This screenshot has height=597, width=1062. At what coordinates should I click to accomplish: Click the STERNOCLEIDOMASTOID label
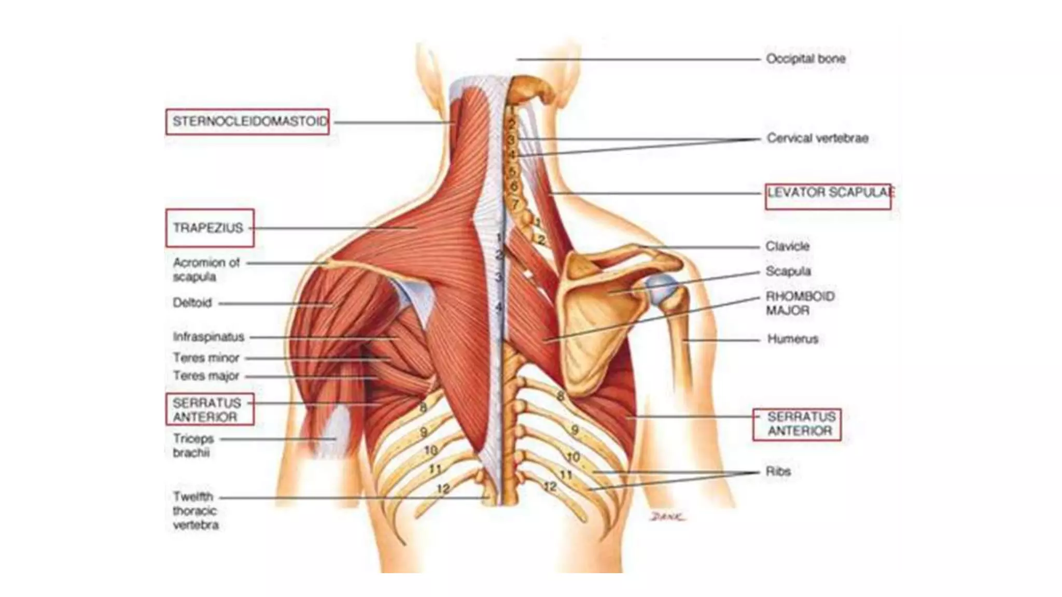click(247, 122)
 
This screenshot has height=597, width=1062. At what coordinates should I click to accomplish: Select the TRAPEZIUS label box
click(209, 228)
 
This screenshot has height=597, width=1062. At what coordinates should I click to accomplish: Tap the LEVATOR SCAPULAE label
click(828, 193)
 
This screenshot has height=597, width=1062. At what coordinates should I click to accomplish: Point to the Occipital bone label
click(805, 59)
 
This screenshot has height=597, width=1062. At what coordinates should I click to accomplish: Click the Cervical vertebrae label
click(817, 138)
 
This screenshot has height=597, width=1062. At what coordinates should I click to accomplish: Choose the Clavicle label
click(787, 246)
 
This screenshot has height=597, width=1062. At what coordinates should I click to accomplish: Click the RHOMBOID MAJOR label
click(800, 303)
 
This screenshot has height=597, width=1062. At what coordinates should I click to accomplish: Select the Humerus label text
click(792, 339)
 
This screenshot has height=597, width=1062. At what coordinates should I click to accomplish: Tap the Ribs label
click(778, 472)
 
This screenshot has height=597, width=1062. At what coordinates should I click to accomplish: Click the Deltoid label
click(192, 303)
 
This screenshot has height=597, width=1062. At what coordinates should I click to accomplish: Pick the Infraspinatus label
click(208, 337)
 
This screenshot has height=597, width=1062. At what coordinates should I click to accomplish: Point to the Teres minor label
click(206, 358)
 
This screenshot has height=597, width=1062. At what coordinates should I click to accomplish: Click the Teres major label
click(206, 376)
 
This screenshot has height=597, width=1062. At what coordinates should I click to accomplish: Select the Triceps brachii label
click(193, 446)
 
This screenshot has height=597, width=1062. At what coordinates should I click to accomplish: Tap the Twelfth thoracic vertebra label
click(195, 510)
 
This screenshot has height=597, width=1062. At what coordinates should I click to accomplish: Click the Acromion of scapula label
click(206, 269)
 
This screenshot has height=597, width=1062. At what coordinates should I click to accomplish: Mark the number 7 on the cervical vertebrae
click(515, 204)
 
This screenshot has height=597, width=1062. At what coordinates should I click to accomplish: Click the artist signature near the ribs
click(668, 517)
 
